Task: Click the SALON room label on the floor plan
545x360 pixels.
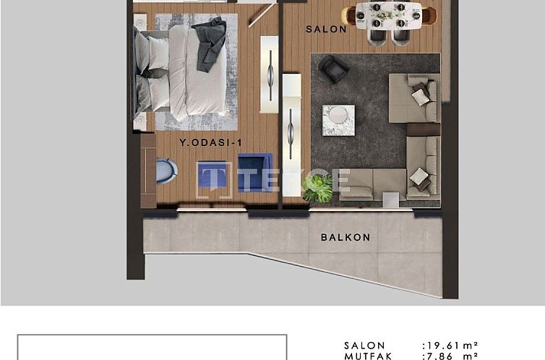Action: (x=326, y=30)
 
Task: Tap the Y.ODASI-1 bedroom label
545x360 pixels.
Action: (x=209, y=144)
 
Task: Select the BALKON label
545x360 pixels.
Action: (x=346, y=237)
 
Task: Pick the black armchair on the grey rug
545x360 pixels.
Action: (x=333, y=69)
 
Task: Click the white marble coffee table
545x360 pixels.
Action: (x=338, y=119)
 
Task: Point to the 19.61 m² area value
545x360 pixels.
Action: (x=450, y=346)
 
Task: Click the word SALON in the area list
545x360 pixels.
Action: (x=364, y=346)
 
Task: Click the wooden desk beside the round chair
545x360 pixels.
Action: (x=148, y=169)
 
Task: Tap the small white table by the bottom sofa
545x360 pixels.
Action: (x=391, y=197)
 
